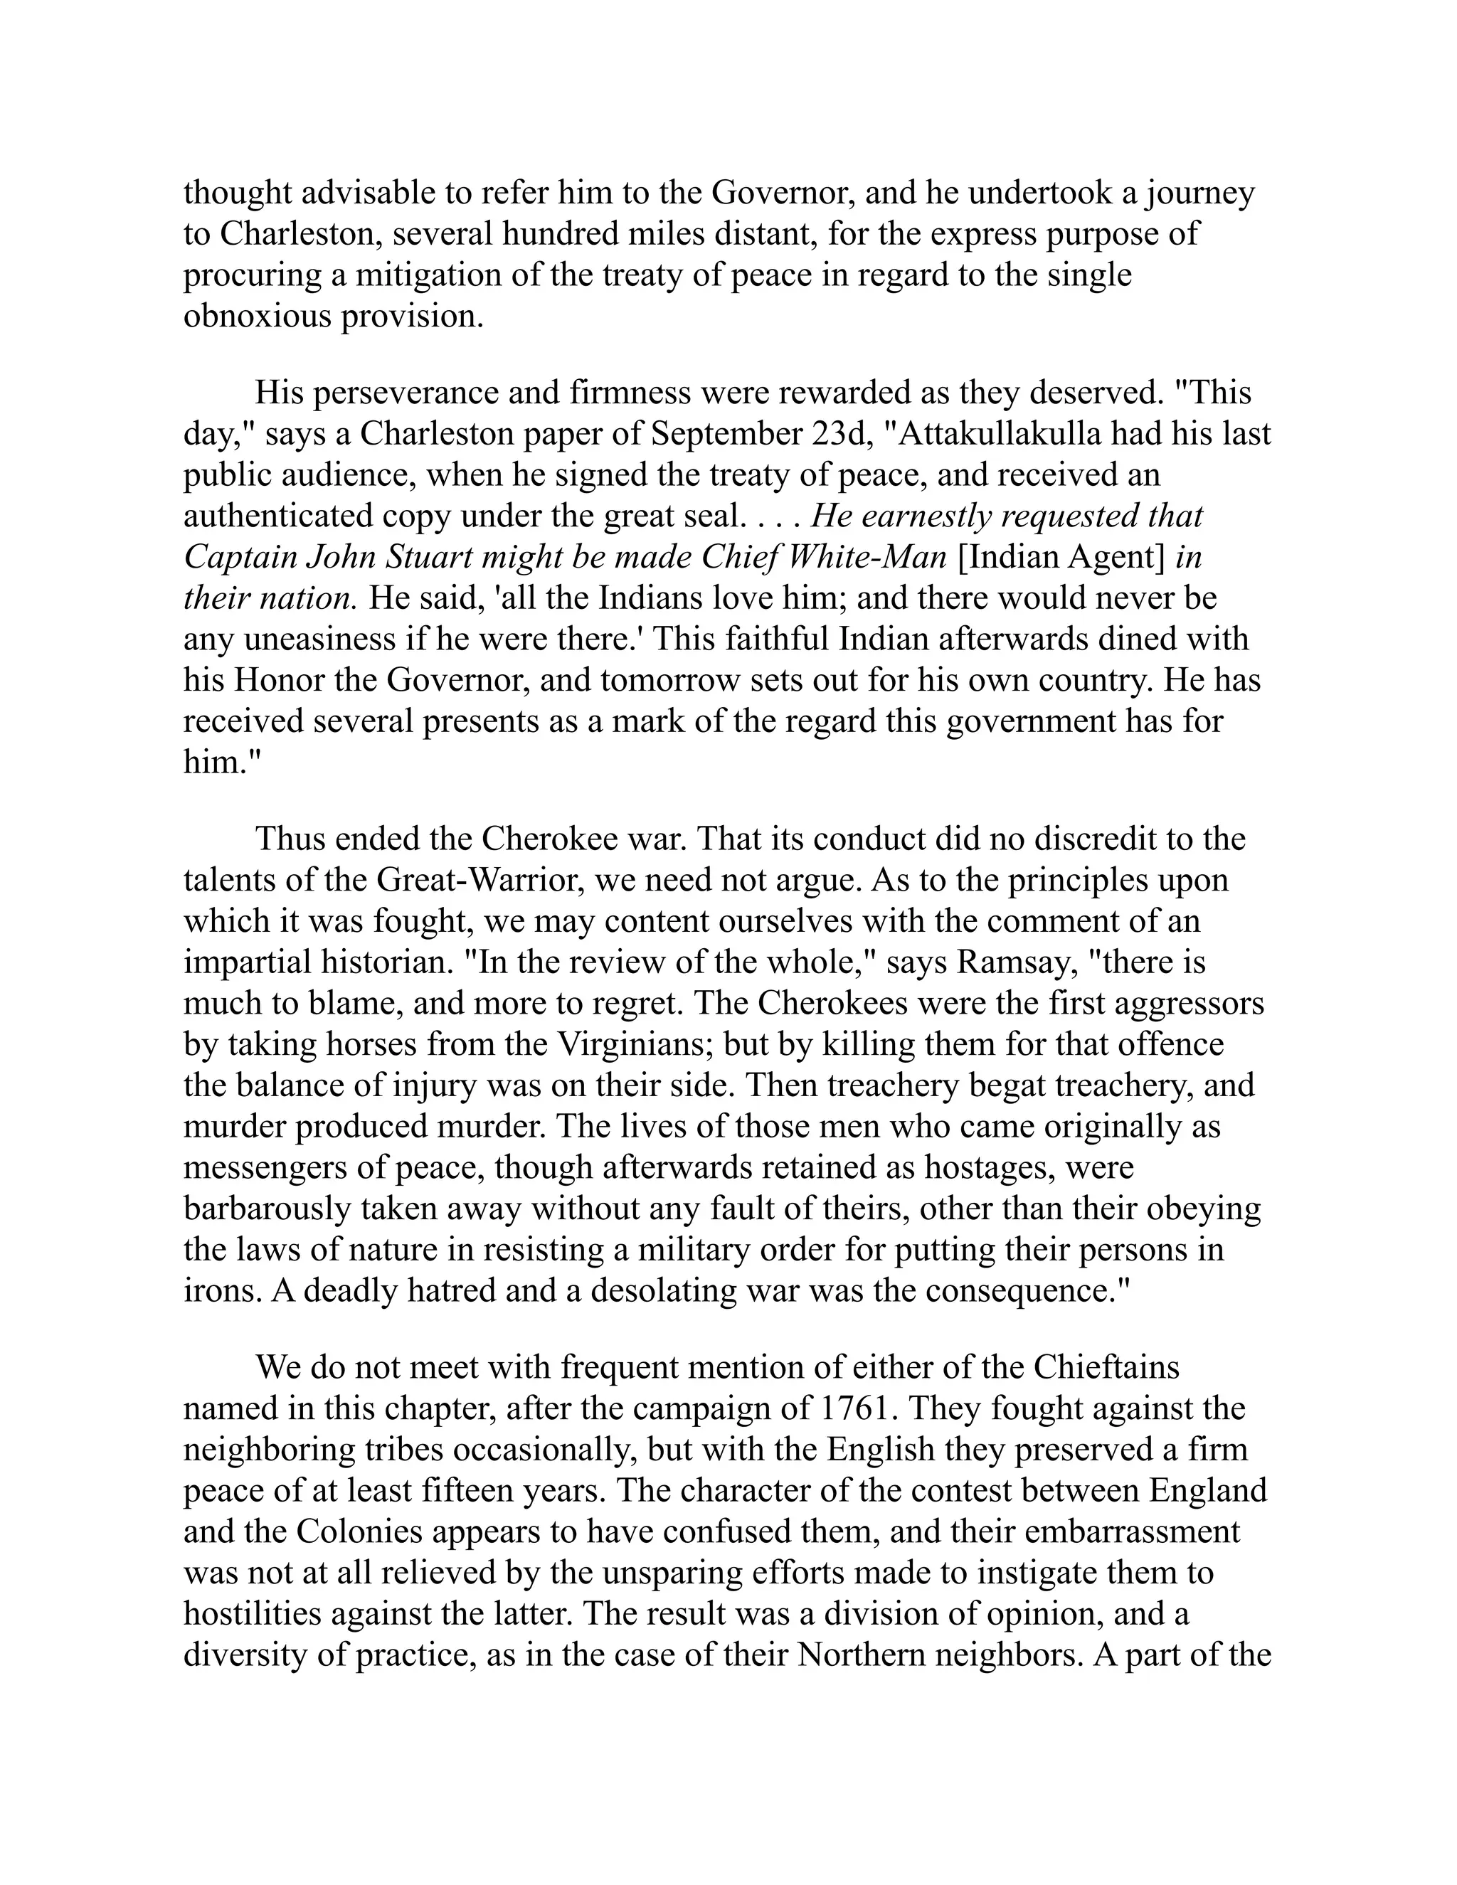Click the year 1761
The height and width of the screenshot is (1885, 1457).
850,1408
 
